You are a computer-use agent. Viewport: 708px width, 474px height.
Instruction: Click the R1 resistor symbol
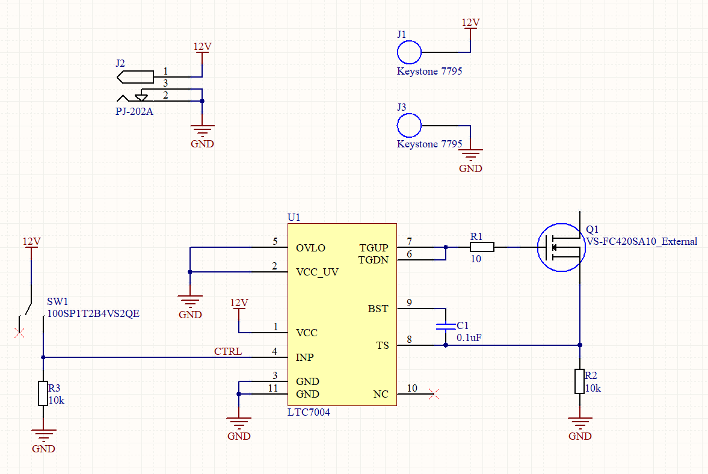click(482, 247)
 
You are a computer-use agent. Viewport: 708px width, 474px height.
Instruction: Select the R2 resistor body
click(579, 381)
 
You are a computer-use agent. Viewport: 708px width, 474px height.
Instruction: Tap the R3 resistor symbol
click(43, 393)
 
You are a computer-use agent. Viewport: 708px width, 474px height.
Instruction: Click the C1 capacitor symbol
click(445, 327)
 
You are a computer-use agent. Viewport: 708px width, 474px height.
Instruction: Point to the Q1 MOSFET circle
click(561, 247)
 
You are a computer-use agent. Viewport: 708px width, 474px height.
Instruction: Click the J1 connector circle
click(409, 52)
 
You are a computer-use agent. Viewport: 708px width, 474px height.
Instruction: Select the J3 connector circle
click(409, 125)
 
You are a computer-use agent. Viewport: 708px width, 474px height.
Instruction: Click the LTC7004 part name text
click(309, 413)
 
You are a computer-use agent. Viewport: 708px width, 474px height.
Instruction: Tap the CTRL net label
click(228, 351)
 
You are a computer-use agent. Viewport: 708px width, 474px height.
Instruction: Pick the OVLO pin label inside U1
click(310, 248)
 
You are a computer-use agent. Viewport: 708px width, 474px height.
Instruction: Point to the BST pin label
click(378, 309)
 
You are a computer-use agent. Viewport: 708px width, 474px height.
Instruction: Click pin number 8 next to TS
click(410, 340)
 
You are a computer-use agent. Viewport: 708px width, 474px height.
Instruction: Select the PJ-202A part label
click(134, 111)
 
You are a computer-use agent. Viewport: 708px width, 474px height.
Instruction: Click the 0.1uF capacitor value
click(469, 338)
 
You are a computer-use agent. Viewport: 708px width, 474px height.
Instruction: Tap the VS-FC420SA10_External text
click(641, 241)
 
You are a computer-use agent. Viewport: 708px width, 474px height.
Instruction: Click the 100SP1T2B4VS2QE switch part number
click(93, 314)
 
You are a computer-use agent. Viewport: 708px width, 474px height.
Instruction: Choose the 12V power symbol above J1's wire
click(470, 23)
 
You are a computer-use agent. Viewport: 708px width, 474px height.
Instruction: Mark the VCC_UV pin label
click(317, 272)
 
